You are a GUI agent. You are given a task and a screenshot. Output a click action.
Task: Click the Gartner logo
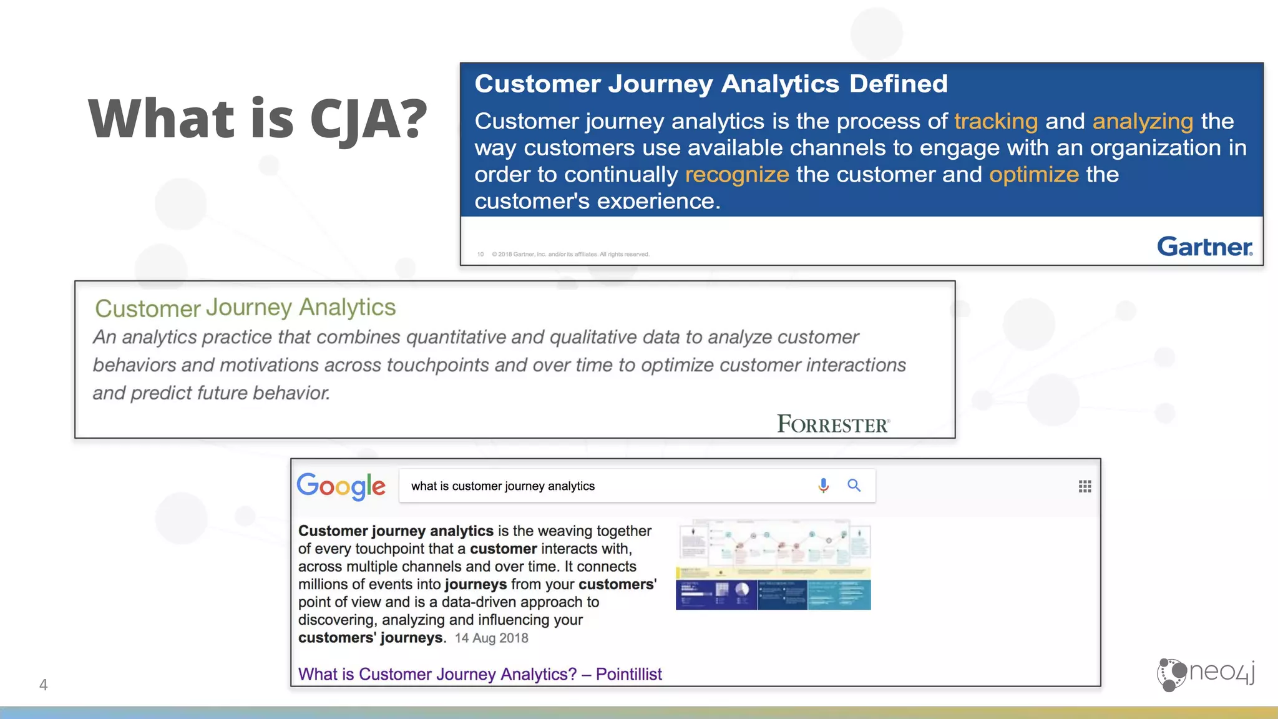click(1204, 247)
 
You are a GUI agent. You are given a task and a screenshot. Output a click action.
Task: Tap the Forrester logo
click(833, 424)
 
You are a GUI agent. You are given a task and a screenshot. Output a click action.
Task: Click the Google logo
click(341, 486)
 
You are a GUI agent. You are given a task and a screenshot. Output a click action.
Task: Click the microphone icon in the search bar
click(824, 486)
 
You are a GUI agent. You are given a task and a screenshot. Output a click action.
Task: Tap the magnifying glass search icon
click(854, 486)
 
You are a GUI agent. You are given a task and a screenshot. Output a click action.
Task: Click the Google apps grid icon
click(1085, 486)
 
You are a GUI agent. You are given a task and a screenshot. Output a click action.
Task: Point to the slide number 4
click(43, 685)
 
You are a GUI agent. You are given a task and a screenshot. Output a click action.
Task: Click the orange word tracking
click(995, 121)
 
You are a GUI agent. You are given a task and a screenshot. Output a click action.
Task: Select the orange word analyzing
click(1143, 121)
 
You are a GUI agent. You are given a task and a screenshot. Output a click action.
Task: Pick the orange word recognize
click(737, 175)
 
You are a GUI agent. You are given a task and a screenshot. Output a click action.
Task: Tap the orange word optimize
click(1034, 175)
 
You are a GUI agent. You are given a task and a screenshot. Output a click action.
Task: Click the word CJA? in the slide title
click(368, 119)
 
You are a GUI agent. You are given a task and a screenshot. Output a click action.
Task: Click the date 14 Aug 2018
click(491, 638)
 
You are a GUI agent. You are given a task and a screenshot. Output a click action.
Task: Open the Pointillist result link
click(480, 674)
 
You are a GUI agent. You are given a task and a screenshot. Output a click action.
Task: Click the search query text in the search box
click(503, 486)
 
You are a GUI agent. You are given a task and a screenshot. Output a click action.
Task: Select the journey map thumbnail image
click(773, 565)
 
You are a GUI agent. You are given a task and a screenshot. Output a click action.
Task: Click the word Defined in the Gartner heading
click(898, 84)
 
